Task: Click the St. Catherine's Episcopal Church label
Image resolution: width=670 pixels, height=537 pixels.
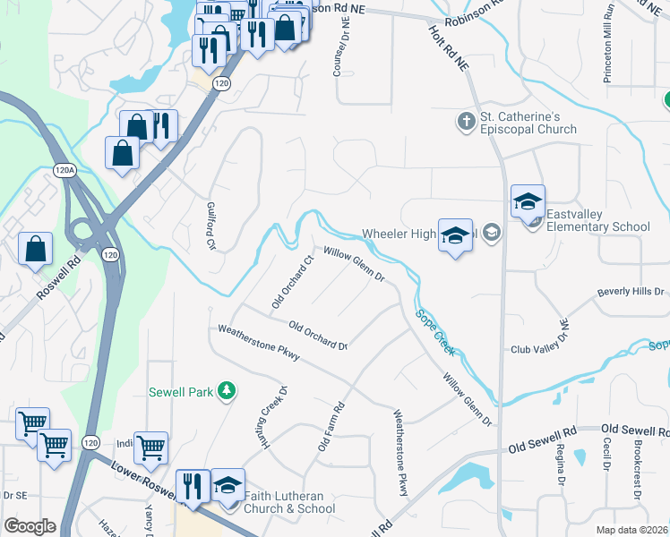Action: pos(528,123)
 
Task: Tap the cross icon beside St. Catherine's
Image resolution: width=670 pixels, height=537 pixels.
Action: pos(465,121)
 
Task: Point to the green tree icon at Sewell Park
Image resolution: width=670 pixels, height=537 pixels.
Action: pos(228,390)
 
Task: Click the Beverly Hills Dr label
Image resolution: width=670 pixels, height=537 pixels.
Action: pos(631,293)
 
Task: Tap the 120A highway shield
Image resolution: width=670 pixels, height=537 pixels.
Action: pos(64,169)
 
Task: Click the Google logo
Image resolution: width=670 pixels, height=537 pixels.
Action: pos(30,526)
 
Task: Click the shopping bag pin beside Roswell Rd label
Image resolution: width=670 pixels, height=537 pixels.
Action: pos(35,250)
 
